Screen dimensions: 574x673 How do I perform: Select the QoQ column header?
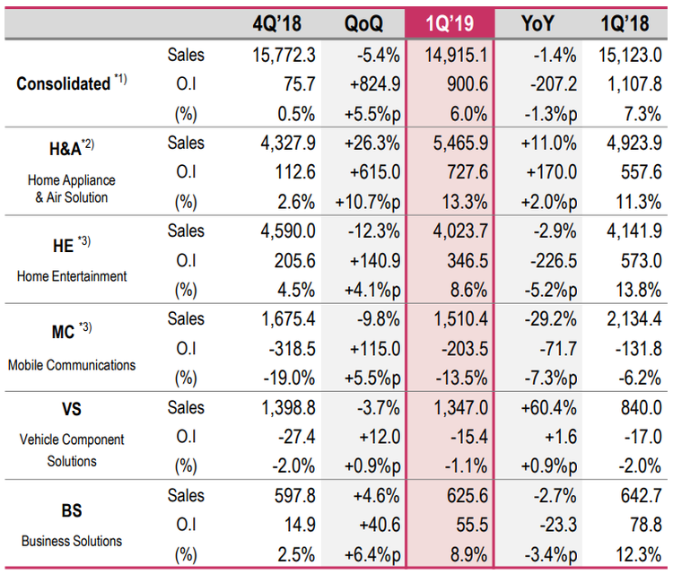point(363,22)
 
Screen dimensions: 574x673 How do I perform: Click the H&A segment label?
point(68,145)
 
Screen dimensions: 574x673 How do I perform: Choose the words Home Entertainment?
point(71,276)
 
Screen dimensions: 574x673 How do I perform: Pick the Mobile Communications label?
point(72,365)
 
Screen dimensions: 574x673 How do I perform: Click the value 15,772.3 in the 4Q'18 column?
point(284,55)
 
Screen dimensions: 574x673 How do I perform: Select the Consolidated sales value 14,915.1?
point(455,55)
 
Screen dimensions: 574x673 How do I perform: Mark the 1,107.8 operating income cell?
point(628,84)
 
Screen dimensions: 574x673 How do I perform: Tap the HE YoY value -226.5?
point(541,261)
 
